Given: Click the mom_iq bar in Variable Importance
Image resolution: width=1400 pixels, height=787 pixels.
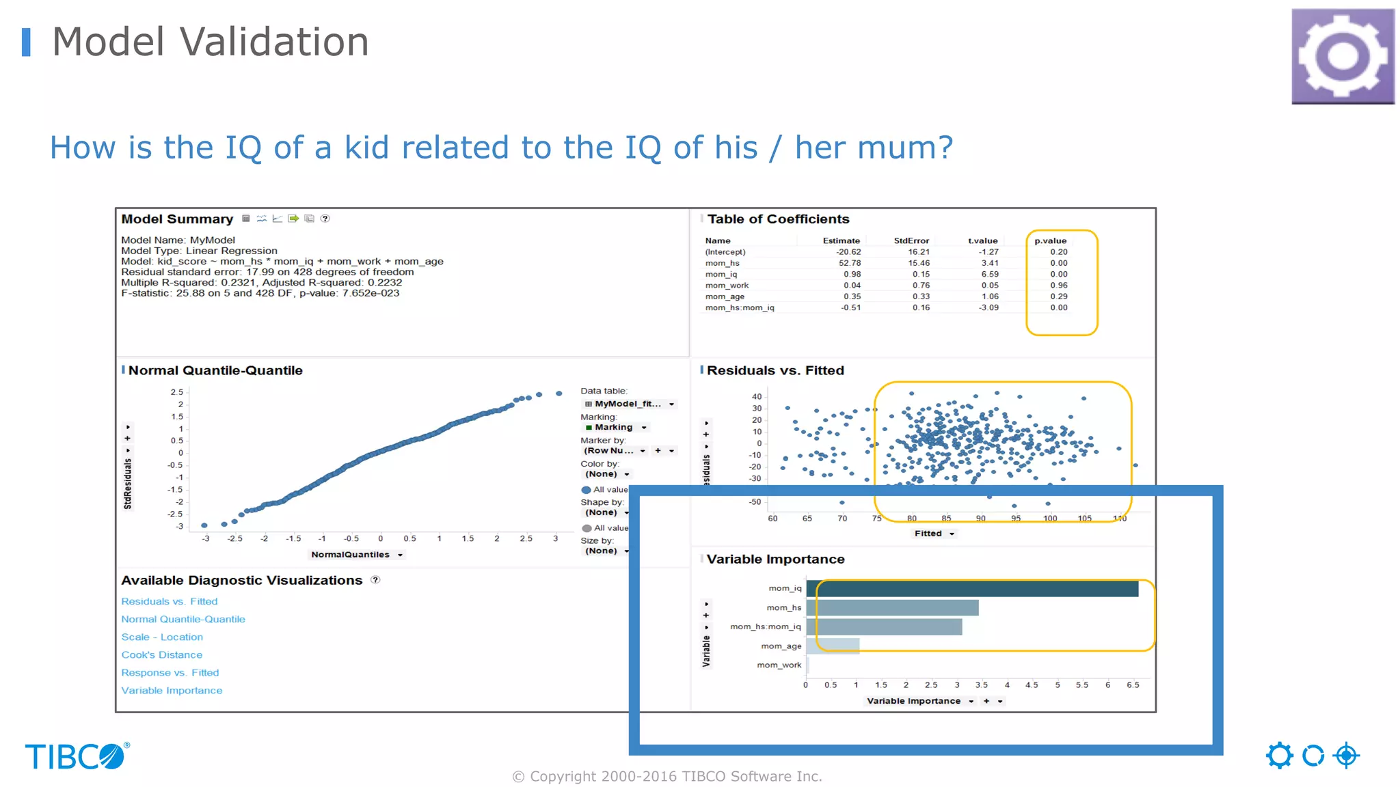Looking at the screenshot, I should [971, 588].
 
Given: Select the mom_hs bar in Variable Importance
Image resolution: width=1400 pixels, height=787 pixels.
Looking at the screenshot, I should [891, 607].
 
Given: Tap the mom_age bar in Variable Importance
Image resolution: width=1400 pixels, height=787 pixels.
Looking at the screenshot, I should [832, 646].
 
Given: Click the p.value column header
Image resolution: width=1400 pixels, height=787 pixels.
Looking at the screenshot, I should [1050, 240].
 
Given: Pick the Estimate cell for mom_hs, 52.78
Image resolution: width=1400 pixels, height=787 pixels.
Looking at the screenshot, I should [850, 263].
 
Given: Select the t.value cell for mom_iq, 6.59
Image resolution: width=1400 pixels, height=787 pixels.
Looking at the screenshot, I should [989, 274].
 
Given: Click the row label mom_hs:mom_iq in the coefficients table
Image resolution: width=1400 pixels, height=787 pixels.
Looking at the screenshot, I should [740, 307].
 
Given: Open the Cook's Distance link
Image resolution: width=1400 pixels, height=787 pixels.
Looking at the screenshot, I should [161, 654].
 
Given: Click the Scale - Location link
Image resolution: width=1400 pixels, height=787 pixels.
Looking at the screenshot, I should [162, 637].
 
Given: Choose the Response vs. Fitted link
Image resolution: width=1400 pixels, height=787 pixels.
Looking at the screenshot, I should [170, 672].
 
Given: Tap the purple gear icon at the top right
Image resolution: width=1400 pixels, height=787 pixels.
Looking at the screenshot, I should [1343, 56].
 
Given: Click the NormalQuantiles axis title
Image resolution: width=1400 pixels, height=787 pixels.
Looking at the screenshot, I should [351, 555].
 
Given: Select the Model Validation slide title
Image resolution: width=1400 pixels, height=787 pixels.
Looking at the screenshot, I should [211, 42].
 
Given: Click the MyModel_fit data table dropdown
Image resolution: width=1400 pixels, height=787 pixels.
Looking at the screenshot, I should [629, 404].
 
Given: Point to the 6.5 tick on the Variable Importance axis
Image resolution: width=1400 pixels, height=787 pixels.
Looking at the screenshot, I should [1133, 685].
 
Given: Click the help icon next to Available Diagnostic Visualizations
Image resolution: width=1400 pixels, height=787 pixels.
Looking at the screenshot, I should [375, 580].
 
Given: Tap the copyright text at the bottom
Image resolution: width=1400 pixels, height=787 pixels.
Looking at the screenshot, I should [667, 776].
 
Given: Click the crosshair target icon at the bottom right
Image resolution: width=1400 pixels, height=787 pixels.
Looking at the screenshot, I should [1346, 756].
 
